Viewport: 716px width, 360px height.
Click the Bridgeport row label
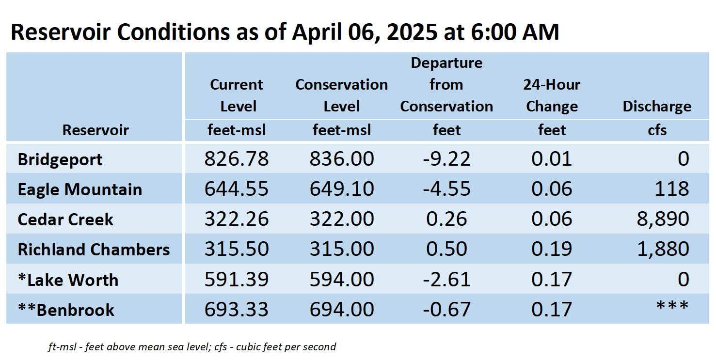[x=60, y=160]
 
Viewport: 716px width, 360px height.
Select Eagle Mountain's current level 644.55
[x=237, y=189]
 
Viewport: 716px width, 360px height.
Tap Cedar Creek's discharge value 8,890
[x=663, y=219]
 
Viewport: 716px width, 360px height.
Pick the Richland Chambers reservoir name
[x=94, y=250]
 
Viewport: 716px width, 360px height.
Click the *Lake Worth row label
[x=68, y=280]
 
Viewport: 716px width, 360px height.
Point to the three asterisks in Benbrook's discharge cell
[x=672, y=306]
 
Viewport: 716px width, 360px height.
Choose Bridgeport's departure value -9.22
[x=446, y=159]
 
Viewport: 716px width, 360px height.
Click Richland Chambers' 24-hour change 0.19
[x=552, y=249]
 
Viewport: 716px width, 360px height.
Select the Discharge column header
[x=657, y=107]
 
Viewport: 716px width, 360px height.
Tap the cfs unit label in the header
[x=657, y=130]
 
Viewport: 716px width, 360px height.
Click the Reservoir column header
[x=95, y=130]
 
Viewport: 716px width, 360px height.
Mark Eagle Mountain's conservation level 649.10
[x=342, y=189]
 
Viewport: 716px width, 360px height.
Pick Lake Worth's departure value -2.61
[x=446, y=280]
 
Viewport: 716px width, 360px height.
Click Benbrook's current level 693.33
[x=237, y=310]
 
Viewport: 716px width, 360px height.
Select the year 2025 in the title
[x=412, y=32]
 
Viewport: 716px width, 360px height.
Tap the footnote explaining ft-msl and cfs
[x=192, y=347]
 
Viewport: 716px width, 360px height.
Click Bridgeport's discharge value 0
[x=684, y=159]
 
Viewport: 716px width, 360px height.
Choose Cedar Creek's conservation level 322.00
[x=342, y=219]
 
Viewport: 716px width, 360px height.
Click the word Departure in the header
[x=446, y=63]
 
